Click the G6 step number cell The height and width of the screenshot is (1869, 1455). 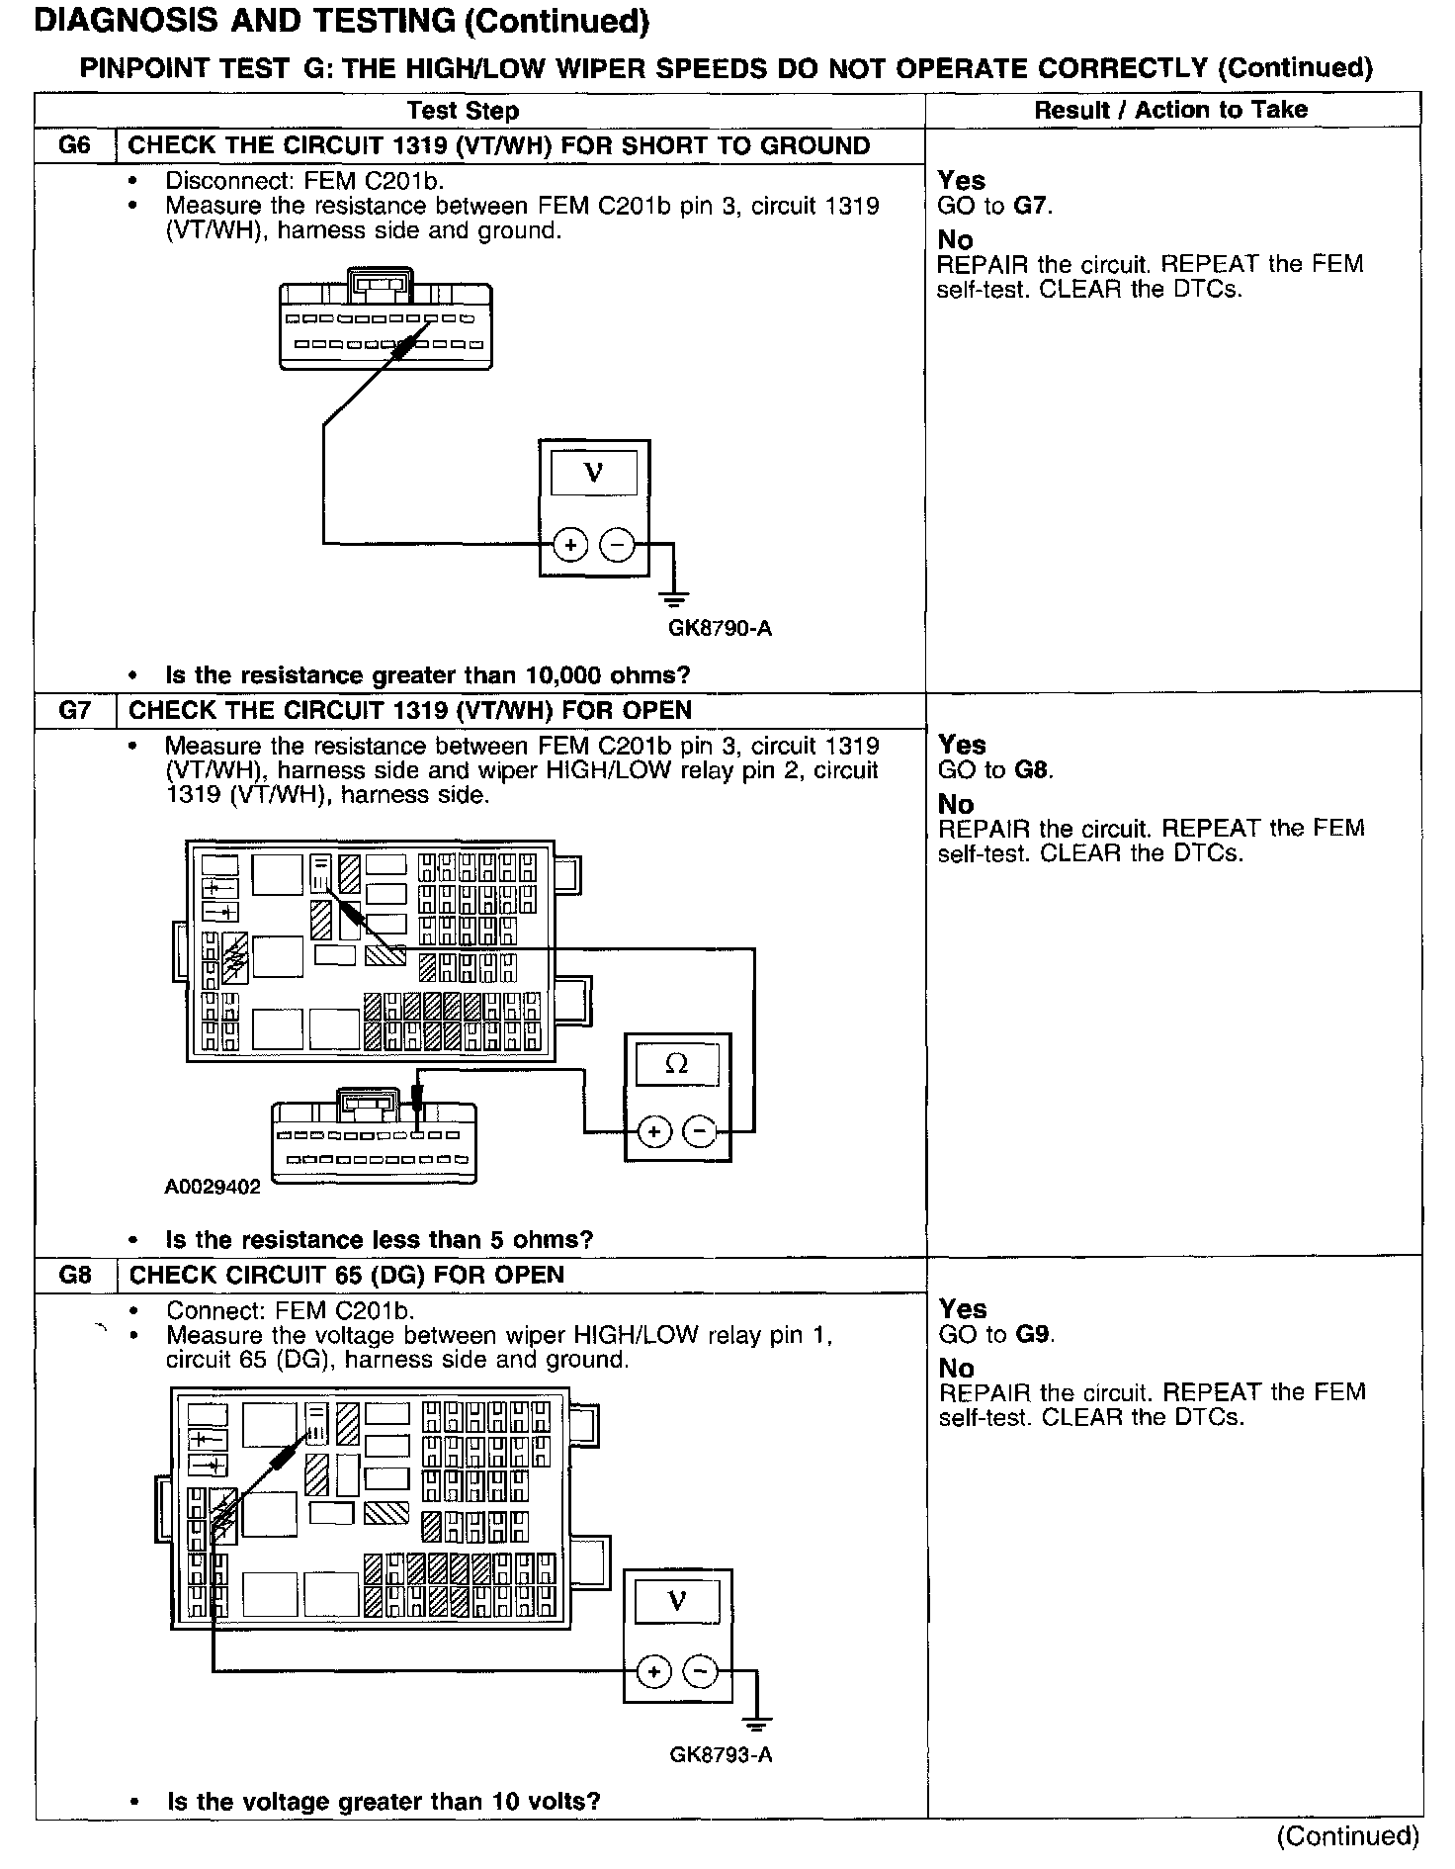pyautogui.click(x=75, y=145)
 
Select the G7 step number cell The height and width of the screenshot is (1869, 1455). pyautogui.click(x=75, y=710)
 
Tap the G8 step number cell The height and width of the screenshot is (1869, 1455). pyautogui.click(x=75, y=1275)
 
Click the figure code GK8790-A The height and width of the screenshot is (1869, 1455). pyautogui.click(x=720, y=628)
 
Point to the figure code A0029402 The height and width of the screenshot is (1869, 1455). pyautogui.click(x=213, y=1187)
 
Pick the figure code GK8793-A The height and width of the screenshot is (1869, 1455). pyautogui.click(x=721, y=1755)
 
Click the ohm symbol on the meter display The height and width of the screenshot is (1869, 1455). pyautogui.click(x=677, y=1064)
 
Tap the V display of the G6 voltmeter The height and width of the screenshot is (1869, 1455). pyautogui.click(x=594, y=472)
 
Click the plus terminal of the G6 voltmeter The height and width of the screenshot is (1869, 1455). pyautogui.click(x=570, y=544)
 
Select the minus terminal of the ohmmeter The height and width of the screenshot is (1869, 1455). pyautogui.click(x=700, y=1131)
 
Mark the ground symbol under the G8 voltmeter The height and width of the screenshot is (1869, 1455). pyautogui.click(x=757, y=1726)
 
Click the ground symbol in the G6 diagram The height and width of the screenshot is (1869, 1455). pyautogui.click(x=676, y=598)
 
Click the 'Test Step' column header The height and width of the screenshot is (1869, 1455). pyautogui.click(x=464, y=110)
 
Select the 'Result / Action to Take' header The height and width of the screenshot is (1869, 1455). pyautogui.click(x=1170, y=110)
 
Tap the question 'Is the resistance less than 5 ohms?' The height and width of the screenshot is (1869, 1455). pyautogui.click(x=380, y=1240)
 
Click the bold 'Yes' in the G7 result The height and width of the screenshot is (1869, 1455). pyautogui.click(x=962, y=745)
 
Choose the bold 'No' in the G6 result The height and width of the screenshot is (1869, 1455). pyautogui.click(x=956, y=239)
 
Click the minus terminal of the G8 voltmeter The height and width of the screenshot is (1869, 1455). pyautogui.click(x=701, y=1671)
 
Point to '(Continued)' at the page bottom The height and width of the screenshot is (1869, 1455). pyautogui.click(x=1347, y=1836)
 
